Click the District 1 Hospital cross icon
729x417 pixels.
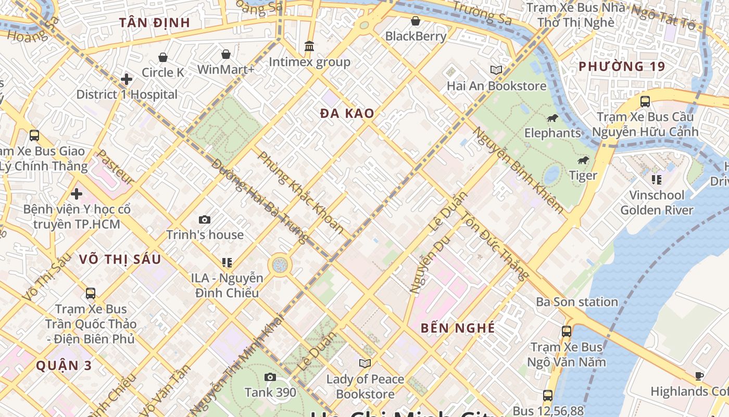point(126,79)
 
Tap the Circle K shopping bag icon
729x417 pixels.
point(163,57)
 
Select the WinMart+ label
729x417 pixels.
point(225,69)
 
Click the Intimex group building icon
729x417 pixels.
point(309,46)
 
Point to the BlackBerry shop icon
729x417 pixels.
point(416,21)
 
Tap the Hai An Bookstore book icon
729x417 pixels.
point(496,70)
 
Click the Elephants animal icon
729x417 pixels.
point(552,118)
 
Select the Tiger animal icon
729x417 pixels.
point(583,161)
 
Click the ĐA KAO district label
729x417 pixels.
point(347,114)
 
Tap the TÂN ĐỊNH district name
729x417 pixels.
point(154,23)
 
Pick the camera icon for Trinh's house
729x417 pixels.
point(205,220)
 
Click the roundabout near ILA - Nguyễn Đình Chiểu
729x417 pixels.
point(280,265)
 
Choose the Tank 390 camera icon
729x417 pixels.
point(270,377)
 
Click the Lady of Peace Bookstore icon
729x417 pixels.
point(365,363)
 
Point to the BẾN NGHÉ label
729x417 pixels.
point(458,328)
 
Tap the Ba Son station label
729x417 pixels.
point(577,302)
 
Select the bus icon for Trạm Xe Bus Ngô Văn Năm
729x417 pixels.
point(566,331)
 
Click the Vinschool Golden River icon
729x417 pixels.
point(657,180)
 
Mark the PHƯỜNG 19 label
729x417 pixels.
point(622,67)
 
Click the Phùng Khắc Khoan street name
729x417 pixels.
point(300,192)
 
